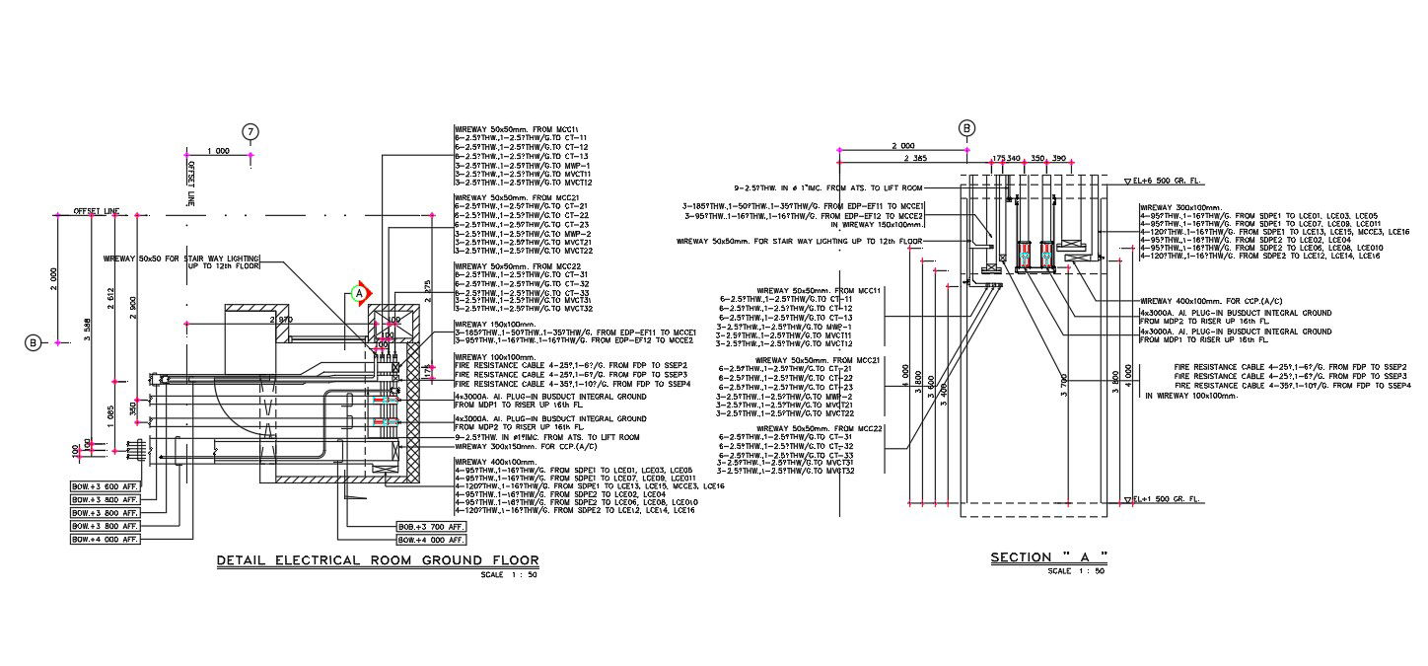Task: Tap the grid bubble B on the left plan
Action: coord(33,342)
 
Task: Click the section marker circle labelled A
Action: coord(360,292)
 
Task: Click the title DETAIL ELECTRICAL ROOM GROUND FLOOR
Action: coord(378,561)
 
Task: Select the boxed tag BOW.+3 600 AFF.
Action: coord(105,486)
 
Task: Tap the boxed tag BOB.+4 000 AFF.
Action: coord(430,541)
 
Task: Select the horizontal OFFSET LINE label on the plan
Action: coord(97,211)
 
